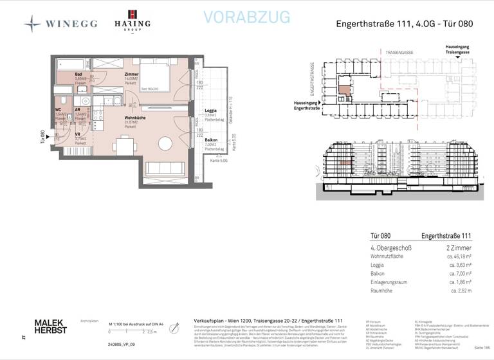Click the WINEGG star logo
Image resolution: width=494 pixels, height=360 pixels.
[x=32, y=24]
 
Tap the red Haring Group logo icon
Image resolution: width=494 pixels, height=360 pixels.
[x=132, y=15]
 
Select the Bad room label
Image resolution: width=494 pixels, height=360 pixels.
[x=78, y=75]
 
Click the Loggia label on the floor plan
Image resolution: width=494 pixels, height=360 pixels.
[x=210, y=111]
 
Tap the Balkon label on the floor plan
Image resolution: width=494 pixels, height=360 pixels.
[x=210, y=139]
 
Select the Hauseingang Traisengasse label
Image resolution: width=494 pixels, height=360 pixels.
[x=462, y=50]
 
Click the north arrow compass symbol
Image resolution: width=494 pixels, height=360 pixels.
[x=174, y=327]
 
